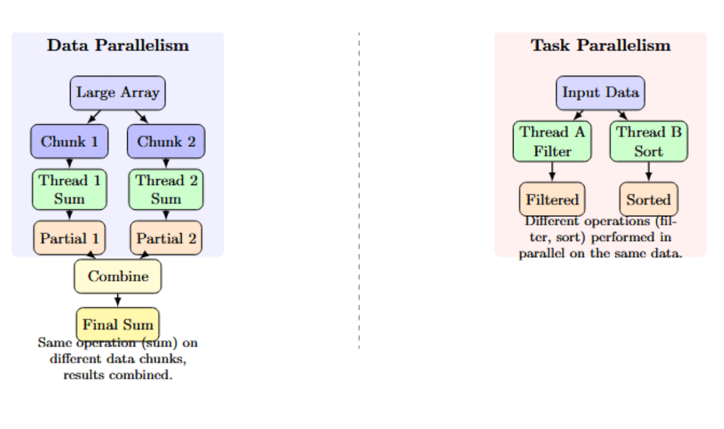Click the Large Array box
click(117, 93)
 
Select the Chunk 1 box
click(69, 141)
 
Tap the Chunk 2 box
click(166, 141)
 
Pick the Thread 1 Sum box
click(69, 189)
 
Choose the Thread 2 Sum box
click(166, 189)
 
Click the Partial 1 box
click(69, 238)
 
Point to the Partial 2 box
click(166, 238)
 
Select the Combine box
click(117, 276)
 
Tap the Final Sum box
click(117, 324)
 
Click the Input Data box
click(600, 93)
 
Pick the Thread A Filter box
click(552, 141)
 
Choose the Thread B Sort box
click(649, 141)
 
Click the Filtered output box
click(552, 199)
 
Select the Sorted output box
click(649, 199)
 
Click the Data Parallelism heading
click(118, 45)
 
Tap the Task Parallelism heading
click(600, 45)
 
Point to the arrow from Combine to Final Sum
click(117, 300)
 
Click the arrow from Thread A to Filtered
click(552, 172)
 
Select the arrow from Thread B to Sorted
click(649, 172)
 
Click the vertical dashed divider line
click(359, 191)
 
